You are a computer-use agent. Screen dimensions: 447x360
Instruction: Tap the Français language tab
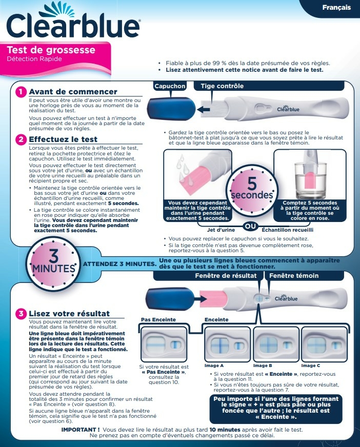(x=336, y=7)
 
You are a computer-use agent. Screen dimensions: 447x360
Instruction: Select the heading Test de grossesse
(x=51, y=50)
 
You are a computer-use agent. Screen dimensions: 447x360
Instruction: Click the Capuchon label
(x=170, y=86)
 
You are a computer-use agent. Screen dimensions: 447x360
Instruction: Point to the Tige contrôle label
(x=222, y=86)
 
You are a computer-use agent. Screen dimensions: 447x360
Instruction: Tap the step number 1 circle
(x=21, y=92)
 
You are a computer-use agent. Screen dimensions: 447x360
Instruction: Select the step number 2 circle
(x=21, y=139)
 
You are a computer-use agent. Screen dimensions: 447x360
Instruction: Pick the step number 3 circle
(x=21, y=313)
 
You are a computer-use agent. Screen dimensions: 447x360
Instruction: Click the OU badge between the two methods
(x=250, y=227)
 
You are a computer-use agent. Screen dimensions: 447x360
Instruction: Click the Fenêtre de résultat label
(x=225, y=275)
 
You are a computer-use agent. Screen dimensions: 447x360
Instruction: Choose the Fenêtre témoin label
(x=294, y=275)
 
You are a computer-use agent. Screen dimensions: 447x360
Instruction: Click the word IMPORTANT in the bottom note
(x=80, y=429)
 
